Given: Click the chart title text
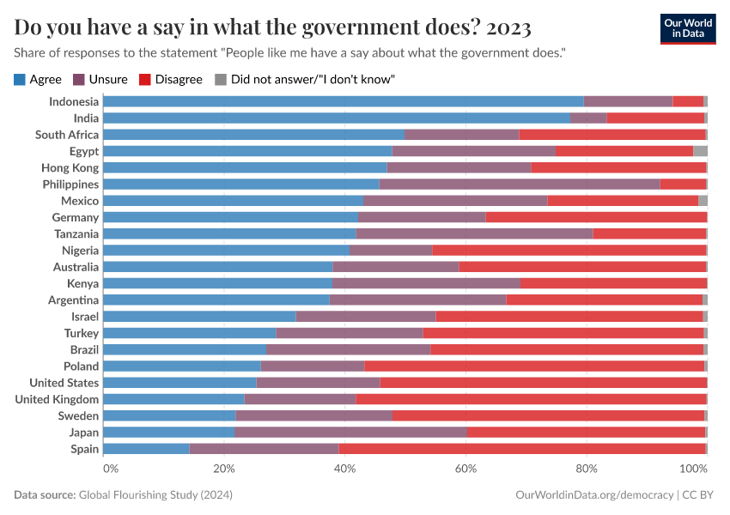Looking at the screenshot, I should click(x=272, y=27).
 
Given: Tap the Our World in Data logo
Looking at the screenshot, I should click(x=687, y=28).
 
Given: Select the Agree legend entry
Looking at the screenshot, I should click(x=39, y=79).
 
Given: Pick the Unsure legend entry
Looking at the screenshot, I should click(x=100, y=79).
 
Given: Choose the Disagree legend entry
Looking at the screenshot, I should click(x=170, y=79).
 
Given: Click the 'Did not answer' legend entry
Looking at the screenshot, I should click(x=304, y=79).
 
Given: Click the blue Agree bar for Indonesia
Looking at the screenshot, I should click(x=344, y=101).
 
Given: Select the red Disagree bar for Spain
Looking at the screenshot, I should click(x=521, y=449).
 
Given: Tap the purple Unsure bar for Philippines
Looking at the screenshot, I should click(x=520, y=184).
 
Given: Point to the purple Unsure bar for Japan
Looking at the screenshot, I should click(x=350, y=433).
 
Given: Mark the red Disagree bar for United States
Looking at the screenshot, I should click(x=544, y=383).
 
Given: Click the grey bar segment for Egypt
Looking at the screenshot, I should click(x=700, y=151).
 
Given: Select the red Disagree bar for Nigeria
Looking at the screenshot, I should click(x=569, y=250).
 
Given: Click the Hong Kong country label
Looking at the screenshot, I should click(x=70, y=167).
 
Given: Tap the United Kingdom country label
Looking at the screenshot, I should click(x=57, y=399).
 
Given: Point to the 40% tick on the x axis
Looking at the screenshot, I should click(x=345, y=469).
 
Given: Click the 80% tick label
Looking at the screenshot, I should click(x=587, y=469).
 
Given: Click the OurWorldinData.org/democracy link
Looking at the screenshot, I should click(x=594, y=495).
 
